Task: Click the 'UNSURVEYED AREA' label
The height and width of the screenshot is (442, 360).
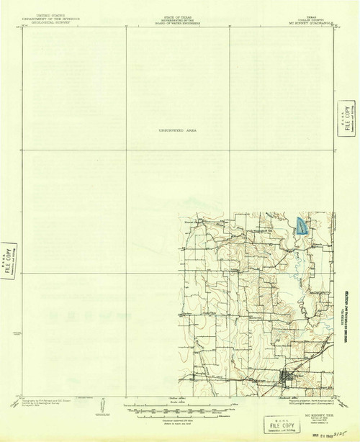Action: (177, 130)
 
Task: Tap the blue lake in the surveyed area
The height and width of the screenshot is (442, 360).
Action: (302, 227)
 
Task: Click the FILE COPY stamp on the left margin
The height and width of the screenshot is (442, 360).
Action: (9, 258)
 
